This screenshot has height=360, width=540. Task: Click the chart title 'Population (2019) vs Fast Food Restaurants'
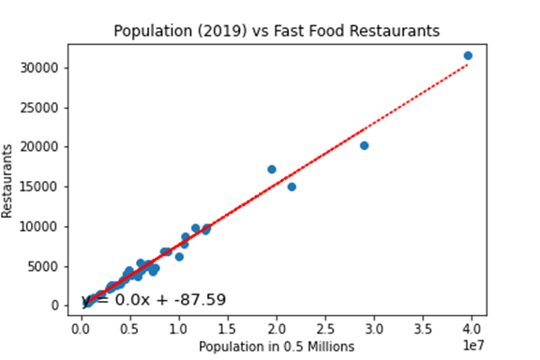(277, 31)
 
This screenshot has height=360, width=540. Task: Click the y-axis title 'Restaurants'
(9, 181)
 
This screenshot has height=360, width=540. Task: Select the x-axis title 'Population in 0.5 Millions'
(277, 347)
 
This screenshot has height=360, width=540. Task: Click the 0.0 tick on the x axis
(82, 330)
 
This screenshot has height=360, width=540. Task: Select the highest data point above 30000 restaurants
(468, 56)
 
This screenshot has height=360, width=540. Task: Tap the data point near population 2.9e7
(364, 145)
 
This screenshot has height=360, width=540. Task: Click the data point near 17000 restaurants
(272, 170)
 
